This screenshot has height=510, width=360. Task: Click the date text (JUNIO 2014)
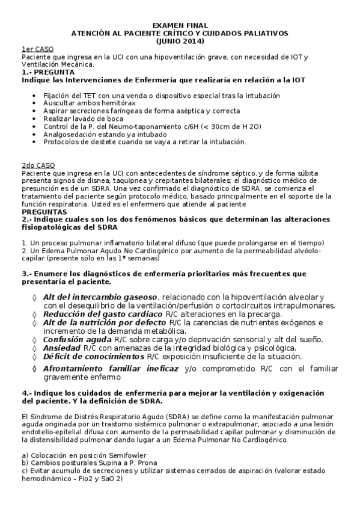180,41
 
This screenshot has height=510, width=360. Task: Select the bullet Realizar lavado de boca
82,119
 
